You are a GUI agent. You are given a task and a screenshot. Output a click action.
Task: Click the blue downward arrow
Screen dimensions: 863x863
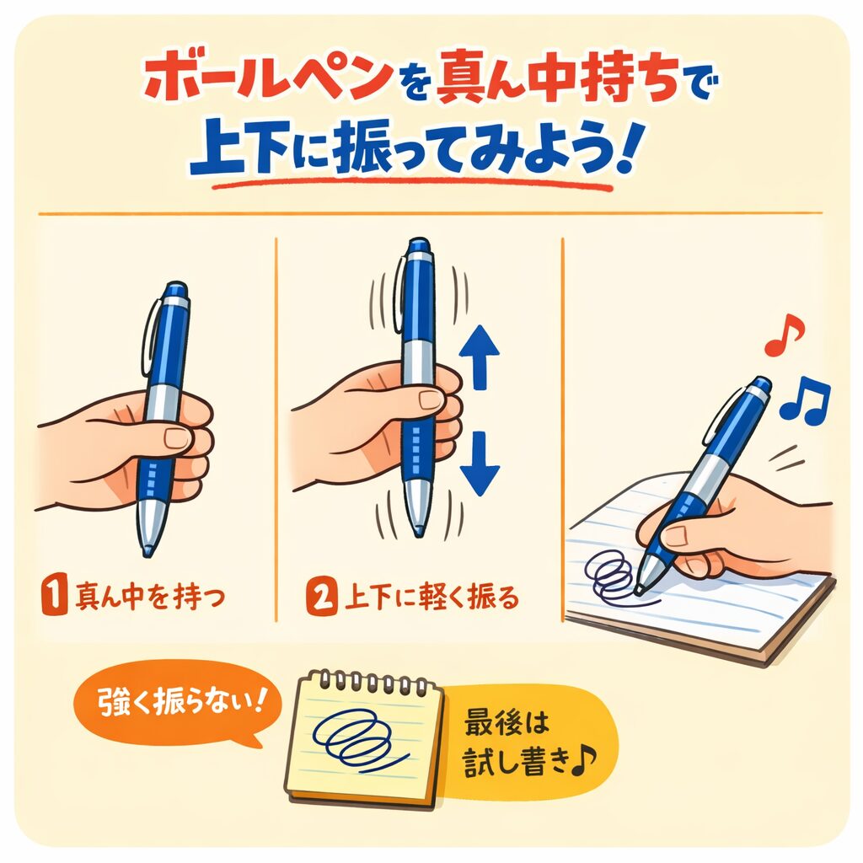pos(480,464)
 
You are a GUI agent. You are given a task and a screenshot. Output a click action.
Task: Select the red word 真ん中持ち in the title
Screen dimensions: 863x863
pos(557,79)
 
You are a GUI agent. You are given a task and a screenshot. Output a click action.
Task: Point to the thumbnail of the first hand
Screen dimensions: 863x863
pos(177,438)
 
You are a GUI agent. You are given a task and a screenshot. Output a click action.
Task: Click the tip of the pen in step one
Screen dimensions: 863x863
pos(147,552)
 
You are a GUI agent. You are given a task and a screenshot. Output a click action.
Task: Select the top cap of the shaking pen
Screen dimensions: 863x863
pos(418,249)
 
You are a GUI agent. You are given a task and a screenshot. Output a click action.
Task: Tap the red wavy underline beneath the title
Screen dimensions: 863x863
pos(413,185)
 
